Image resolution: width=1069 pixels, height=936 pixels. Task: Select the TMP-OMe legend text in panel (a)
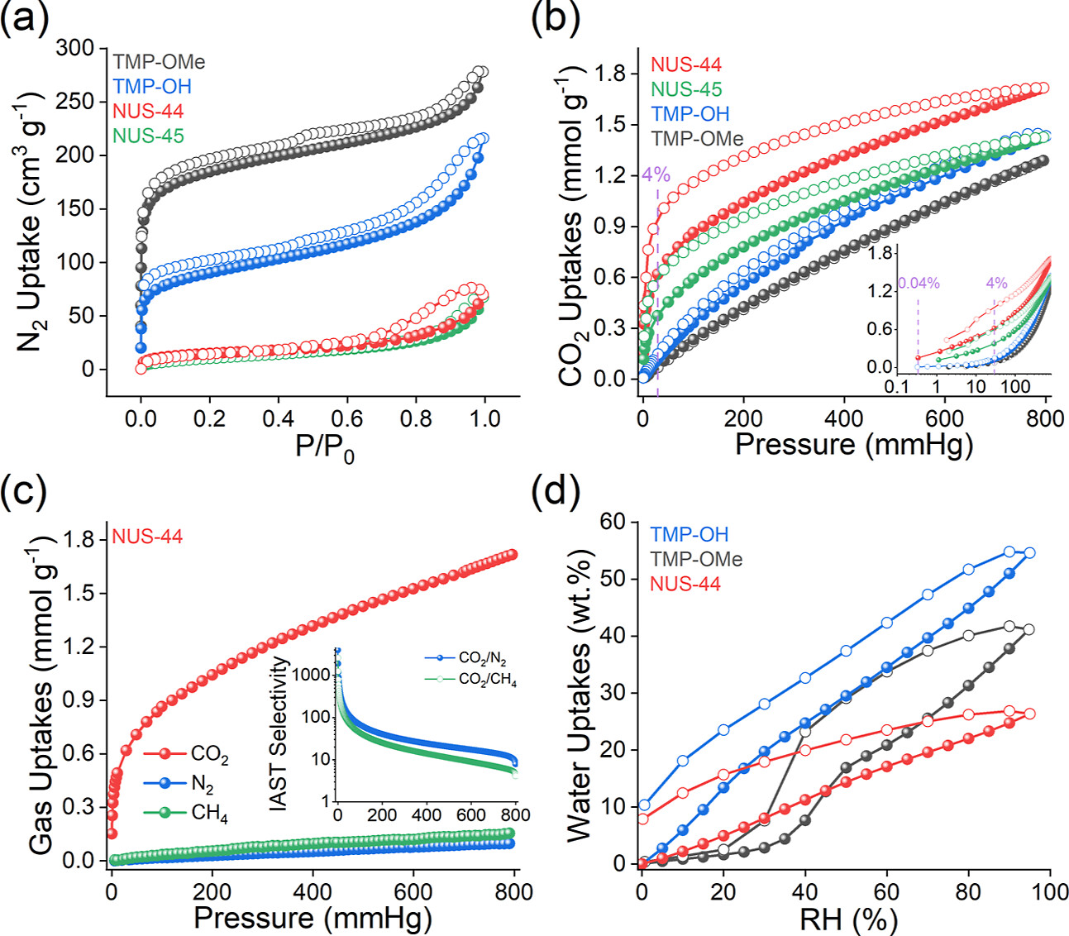[159, 62]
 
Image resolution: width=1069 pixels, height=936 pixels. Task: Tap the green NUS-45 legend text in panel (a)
[148, 136]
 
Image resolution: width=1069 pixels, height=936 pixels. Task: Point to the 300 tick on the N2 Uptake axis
[75, 49]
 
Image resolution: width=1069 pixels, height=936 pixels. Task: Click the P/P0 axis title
[324, 447]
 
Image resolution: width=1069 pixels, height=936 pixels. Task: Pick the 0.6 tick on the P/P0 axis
[347, 418]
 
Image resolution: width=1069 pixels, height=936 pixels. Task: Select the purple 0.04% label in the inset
[919, 284]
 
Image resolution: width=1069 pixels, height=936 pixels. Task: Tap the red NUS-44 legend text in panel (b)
[685, 64]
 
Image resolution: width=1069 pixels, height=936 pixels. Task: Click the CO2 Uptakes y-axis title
[573, 223]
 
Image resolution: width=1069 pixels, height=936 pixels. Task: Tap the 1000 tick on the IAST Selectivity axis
[313, 676]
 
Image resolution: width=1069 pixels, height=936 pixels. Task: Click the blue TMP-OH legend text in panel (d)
[689, 535]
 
